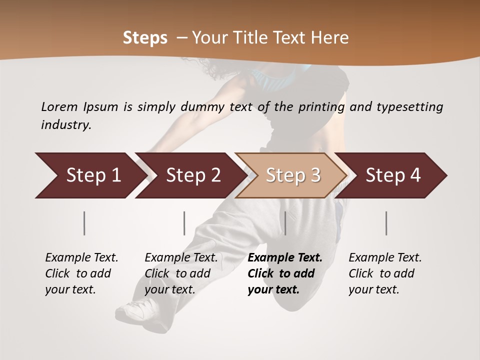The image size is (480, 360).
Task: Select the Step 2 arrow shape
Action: click(190, 175)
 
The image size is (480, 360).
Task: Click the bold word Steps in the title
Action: click(145, 38)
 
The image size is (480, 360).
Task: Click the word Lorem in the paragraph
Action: click(59, 106)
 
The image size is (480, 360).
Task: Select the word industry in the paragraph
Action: click(66, 125)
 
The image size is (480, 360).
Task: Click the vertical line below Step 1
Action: click(84, 223)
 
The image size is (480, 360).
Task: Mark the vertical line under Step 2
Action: click(184, 223)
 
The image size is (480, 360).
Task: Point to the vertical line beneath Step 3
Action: click(285, 223)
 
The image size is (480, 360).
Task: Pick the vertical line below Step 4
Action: click(386, 223)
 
